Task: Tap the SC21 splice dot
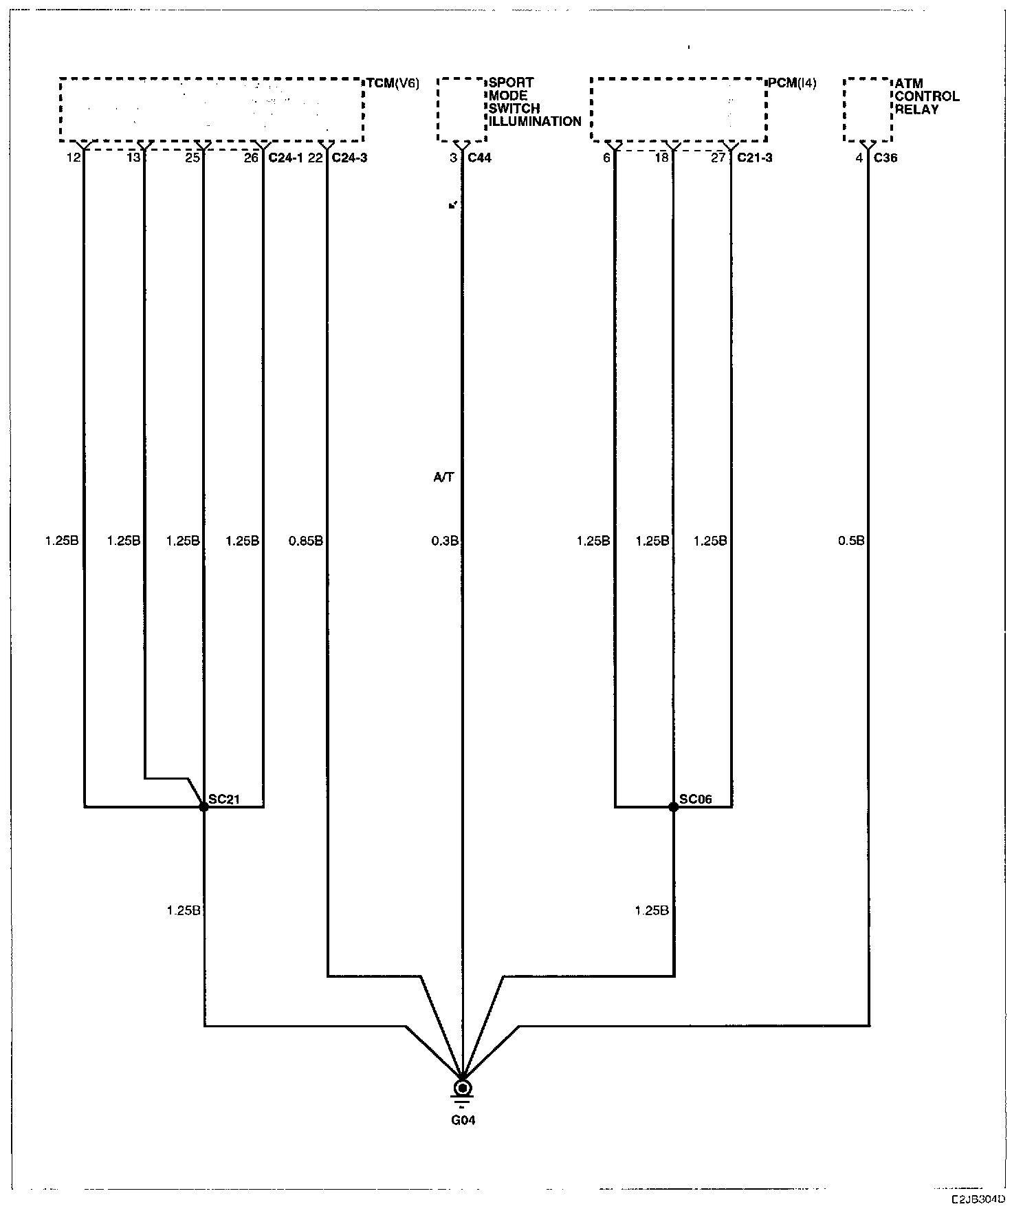(x=203, y=806)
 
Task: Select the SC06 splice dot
(x=673, y=806)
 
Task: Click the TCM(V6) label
(x=392, y=83)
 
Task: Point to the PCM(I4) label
(x=792, y=83)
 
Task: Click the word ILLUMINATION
(x=535, y=122)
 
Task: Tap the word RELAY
(x=916, y=109)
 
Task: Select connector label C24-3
(x=349, y=158)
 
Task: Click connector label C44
(x=479, y=158)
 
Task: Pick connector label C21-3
(x=754, y=158)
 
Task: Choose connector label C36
(x=885, y=158)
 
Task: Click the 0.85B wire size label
(x=306, y=541)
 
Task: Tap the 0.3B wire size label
(x=444, y=541)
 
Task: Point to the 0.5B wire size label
(x=850, y=541)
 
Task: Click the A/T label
(x=443, y=478)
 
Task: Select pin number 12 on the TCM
(x=73, y=158)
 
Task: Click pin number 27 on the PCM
(x=718, y=158)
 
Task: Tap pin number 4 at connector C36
(x=859, y=158)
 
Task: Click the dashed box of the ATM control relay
(x=867, y=110)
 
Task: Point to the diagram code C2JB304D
(x=978, y=1199)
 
